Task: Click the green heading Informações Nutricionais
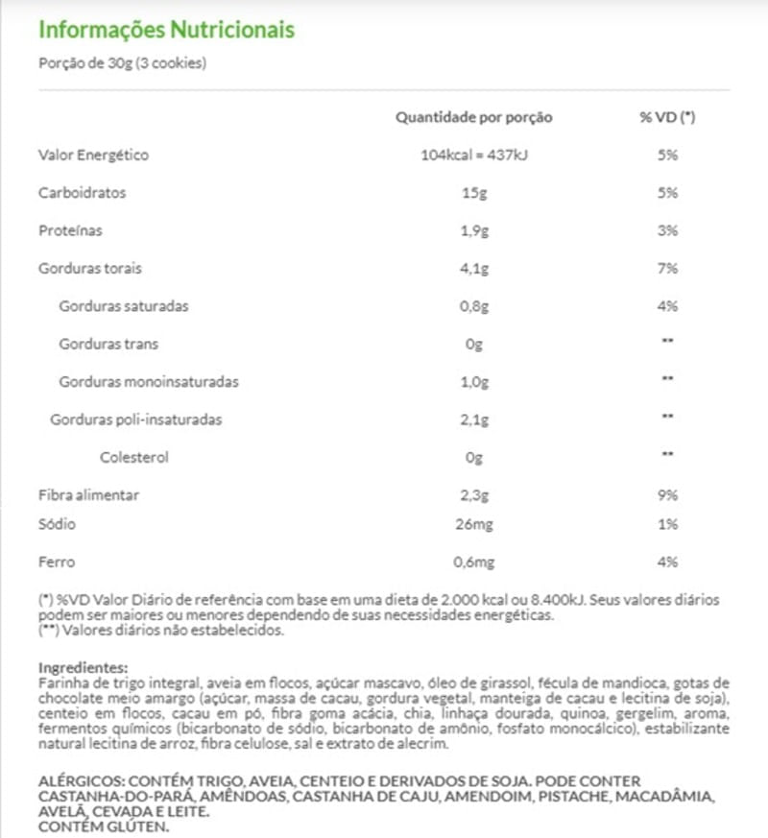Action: [x=165, y=29]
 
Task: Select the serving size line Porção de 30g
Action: [x=123, y=64]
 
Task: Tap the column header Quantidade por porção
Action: [x=474, y=117]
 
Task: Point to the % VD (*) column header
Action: [x=667, y=117]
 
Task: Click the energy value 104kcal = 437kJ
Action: [x=474, y=156]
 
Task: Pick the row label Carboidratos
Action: [x=82, y=193]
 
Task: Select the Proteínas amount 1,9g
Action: [x=474, y=231]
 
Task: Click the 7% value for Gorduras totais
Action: [x=668, y=269]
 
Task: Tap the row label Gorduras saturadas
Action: [x=123, y=307]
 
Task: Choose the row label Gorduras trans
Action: [x=108, y=345]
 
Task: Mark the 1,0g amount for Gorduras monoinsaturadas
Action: [x=474, y=382]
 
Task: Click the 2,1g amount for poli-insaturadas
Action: [x=474, y=420]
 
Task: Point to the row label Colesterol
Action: [x=133, y=458]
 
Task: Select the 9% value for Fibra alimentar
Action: [x=668, y=495]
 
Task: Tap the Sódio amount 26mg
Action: [x=474, y=524]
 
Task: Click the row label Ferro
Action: [x=56, y=563]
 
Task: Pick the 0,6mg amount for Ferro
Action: [x=474, y=563]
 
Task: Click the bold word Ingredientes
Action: [x=83, y=667]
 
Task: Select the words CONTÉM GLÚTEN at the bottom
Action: [x=103, y=826]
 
